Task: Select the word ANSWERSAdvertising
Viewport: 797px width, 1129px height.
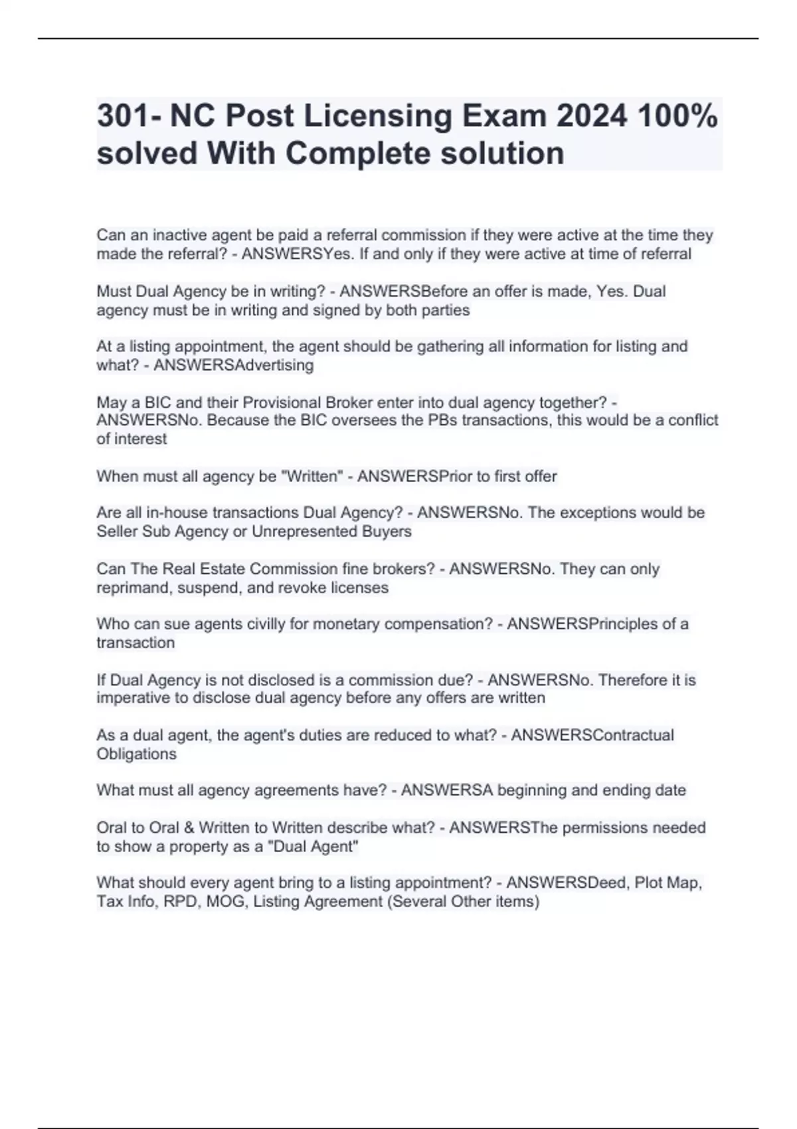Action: [x=233, y=365]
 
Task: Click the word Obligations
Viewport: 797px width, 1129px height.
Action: [x=137, y=754]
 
